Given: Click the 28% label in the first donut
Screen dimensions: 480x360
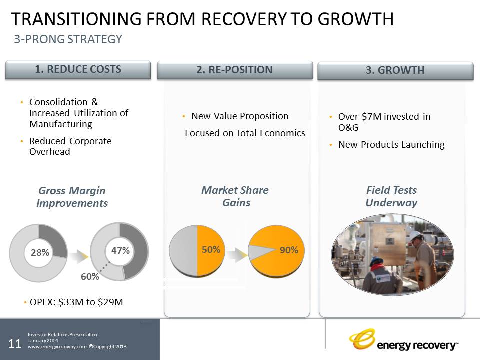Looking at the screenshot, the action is coord(40,252).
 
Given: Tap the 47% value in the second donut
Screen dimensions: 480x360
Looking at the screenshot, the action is coord(120,250).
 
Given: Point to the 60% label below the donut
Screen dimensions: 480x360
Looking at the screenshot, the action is coord(90,276).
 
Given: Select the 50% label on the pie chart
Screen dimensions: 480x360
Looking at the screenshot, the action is coord(211,250).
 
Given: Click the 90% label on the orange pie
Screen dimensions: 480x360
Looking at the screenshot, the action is coord(289,250).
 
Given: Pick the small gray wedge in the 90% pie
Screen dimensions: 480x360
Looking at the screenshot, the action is coord(258,252).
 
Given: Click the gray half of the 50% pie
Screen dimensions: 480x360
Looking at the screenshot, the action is coord(183,251).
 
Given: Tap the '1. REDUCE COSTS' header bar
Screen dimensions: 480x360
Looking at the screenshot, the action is coord(78,70).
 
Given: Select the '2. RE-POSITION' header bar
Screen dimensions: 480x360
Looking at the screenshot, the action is coord(235,70).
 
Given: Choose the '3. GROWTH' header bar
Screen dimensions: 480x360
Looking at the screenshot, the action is coord(395,70).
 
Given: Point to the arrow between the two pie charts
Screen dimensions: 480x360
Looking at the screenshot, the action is coord(237,255).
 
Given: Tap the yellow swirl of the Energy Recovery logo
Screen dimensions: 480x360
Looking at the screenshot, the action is coord(362,339).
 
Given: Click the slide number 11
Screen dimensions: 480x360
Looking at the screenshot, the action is coord(14,344).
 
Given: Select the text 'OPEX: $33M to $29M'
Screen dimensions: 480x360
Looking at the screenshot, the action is coord(76,302).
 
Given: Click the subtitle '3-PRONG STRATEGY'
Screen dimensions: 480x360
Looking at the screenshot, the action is coord(68,39).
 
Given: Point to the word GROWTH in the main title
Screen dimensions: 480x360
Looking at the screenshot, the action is coord(355,19).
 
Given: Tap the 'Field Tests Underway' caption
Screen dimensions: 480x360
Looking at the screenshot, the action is coord(391,196).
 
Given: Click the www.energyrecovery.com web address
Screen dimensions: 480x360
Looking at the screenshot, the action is coord(57,347).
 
